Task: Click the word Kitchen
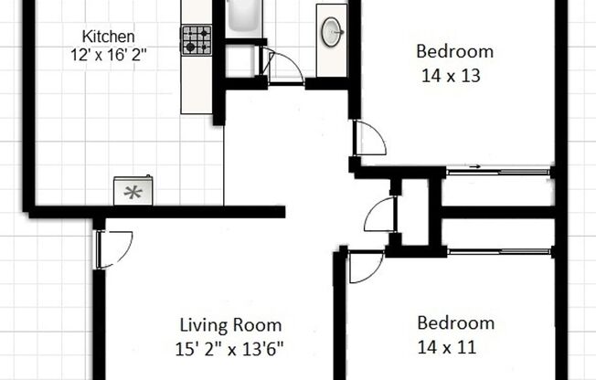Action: [109, 37]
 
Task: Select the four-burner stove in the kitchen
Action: [195, 39]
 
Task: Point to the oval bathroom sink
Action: [332, 30]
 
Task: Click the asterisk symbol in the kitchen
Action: [133, 192]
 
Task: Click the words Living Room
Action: [230, 325]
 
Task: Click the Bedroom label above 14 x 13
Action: [454, 51]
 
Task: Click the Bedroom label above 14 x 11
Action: [455, 322]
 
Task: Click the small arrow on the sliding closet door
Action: [474, 167]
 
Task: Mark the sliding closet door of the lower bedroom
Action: [497, 249]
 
